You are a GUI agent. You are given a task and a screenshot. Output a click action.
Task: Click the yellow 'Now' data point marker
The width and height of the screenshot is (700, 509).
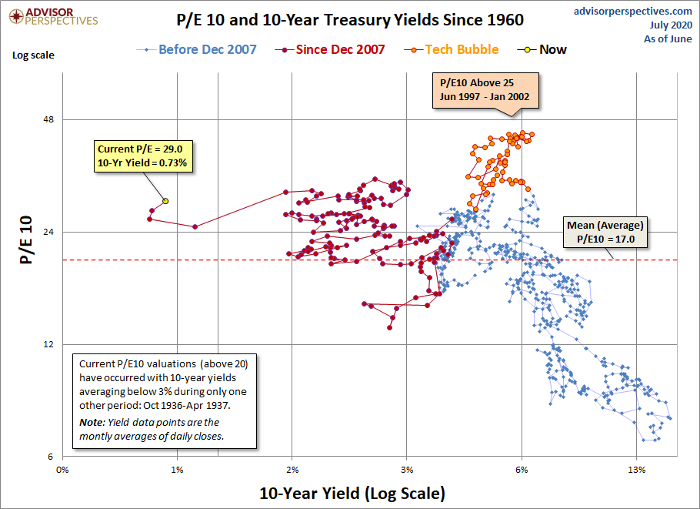pyautogui.click(x=165, y=201)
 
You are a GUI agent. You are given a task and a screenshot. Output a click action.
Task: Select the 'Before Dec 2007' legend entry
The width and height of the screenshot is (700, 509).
pyautogui.click(x=197, y=49)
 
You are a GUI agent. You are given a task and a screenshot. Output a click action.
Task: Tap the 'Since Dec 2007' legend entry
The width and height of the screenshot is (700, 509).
pyautogui.click(x=330, y=49)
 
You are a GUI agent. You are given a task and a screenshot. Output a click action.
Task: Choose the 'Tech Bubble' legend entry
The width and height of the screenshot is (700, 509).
pyautogui.click(x=452, y=49)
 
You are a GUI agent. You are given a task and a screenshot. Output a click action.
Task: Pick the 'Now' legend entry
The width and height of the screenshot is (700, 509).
pyautogui.click(x=542, y=49)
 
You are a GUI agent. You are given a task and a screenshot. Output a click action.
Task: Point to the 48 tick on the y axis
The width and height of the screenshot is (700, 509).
pyautogui.click(x=48, y=120)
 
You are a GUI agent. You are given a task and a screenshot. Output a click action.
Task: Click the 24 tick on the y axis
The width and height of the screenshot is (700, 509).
pyautogui.click(x=48, y=232)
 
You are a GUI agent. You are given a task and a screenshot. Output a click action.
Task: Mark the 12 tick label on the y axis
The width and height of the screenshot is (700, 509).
pyautogui.click(x=48, y=344)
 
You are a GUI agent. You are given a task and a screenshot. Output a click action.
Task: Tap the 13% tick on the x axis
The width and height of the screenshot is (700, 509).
pyautogui.click(x=637, y=470)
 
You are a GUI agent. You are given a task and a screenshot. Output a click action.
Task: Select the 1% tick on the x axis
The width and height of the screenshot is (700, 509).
pyautogui.click(x=177, y=470)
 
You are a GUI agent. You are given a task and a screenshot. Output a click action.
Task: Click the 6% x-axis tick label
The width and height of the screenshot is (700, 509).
pyautogui.click(x=522, y=470)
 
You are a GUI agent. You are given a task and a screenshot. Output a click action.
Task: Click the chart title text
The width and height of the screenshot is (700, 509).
pyautogui.click(x=350, y=20)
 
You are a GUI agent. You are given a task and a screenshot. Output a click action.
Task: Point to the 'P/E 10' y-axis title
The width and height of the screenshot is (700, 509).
pyautogui.click(x=27, y=240)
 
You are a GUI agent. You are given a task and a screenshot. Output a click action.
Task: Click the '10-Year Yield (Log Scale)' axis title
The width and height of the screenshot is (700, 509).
pyautogui.click(x=352, y=494)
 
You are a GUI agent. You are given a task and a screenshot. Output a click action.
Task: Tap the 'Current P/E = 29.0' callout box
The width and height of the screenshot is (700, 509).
pyautogui.click(x=143, y=156)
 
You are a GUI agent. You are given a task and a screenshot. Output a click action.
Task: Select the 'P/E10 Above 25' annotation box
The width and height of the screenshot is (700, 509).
pyautogui.click(x=485, y=90)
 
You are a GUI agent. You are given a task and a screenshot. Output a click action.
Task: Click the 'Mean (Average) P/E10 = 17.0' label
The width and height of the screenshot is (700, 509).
pyautogui.click(x=605, y=232)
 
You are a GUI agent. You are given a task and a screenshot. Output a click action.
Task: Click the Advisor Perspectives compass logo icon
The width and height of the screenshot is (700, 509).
pyautogui.click(x=16, y=17)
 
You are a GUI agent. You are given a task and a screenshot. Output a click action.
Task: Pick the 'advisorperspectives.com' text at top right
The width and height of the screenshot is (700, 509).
pyautogui.click(x=633, y=12)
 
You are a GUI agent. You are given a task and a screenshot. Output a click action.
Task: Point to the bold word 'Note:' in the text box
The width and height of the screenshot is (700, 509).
pyautogui.click(x=92, y=422)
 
